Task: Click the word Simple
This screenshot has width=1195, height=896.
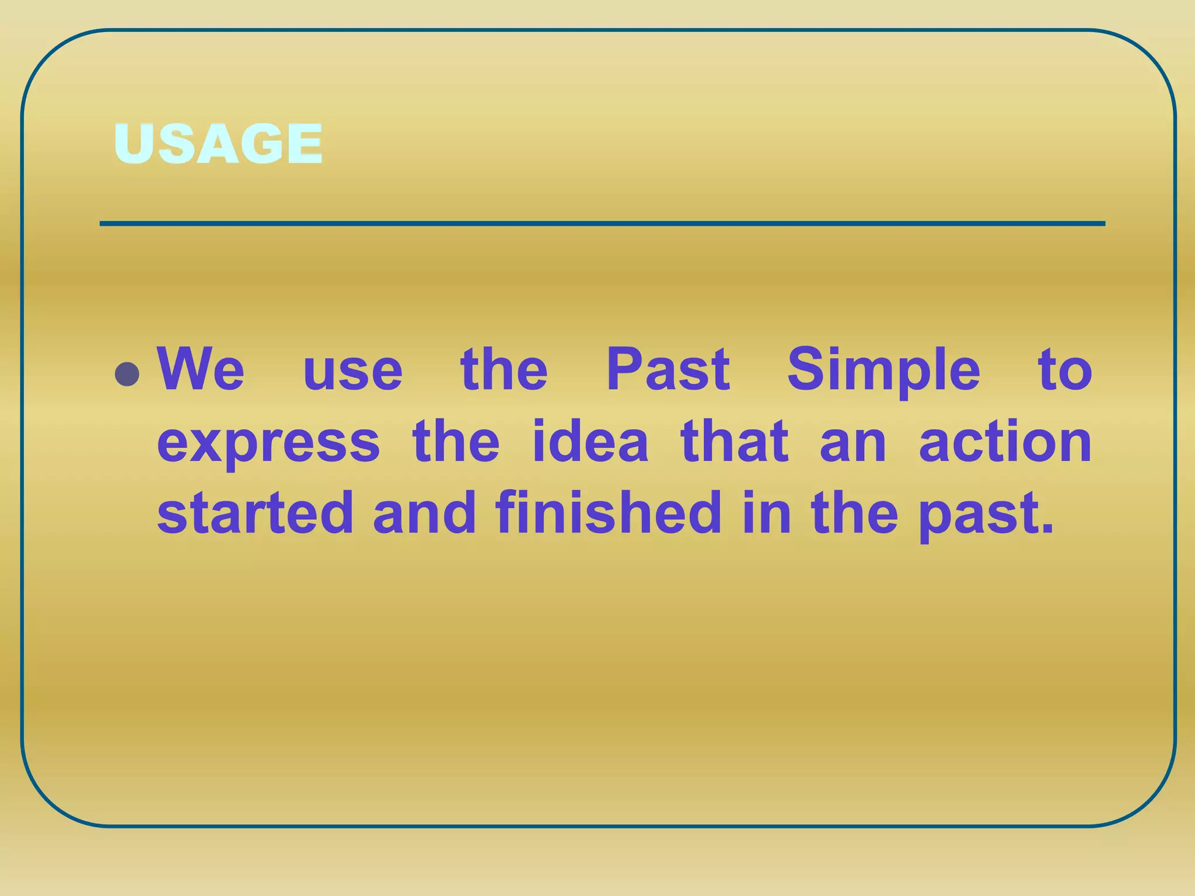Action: click(883, 371)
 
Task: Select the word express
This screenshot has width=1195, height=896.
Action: click(268, 443)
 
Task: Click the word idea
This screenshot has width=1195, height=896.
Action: click(590, 441)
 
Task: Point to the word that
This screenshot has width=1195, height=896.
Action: click(734, 441)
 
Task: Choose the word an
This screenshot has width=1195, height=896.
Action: click(852, 444)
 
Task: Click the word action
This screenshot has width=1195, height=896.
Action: click(1005, 441)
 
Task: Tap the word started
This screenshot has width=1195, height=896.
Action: click(256, 513)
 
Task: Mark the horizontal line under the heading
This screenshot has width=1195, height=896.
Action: click(602, 223)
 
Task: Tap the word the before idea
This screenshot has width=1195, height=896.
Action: click(456, 441)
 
